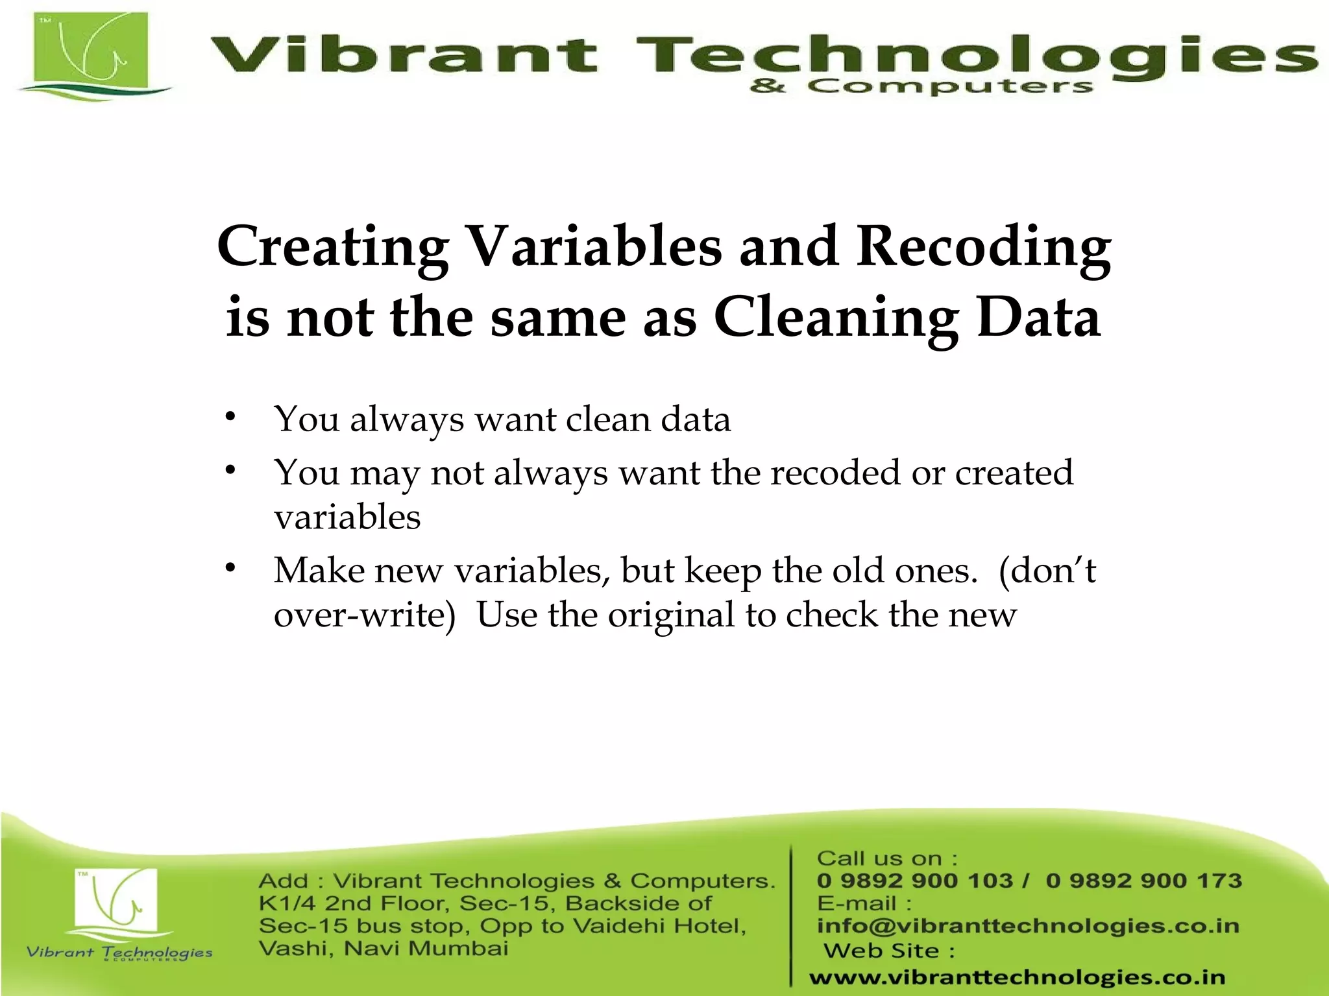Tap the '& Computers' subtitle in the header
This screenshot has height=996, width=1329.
pos(921,86)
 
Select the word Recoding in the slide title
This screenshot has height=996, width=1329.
pos(984,248)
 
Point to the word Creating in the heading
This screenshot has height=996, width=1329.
pos(333,248)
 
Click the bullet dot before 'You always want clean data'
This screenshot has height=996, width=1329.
pos(230,416)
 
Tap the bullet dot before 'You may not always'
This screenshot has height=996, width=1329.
pos(230,470)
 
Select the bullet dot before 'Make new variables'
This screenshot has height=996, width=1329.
pos(230,568)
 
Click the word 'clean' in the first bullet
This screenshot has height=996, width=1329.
pos(607,419)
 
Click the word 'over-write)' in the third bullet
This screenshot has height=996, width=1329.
pos(365,615)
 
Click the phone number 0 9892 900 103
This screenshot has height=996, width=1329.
pos(915,881)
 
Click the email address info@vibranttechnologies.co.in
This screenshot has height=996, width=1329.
pos(1028,926)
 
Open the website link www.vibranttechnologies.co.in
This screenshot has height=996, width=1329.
pos(1017,977)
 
